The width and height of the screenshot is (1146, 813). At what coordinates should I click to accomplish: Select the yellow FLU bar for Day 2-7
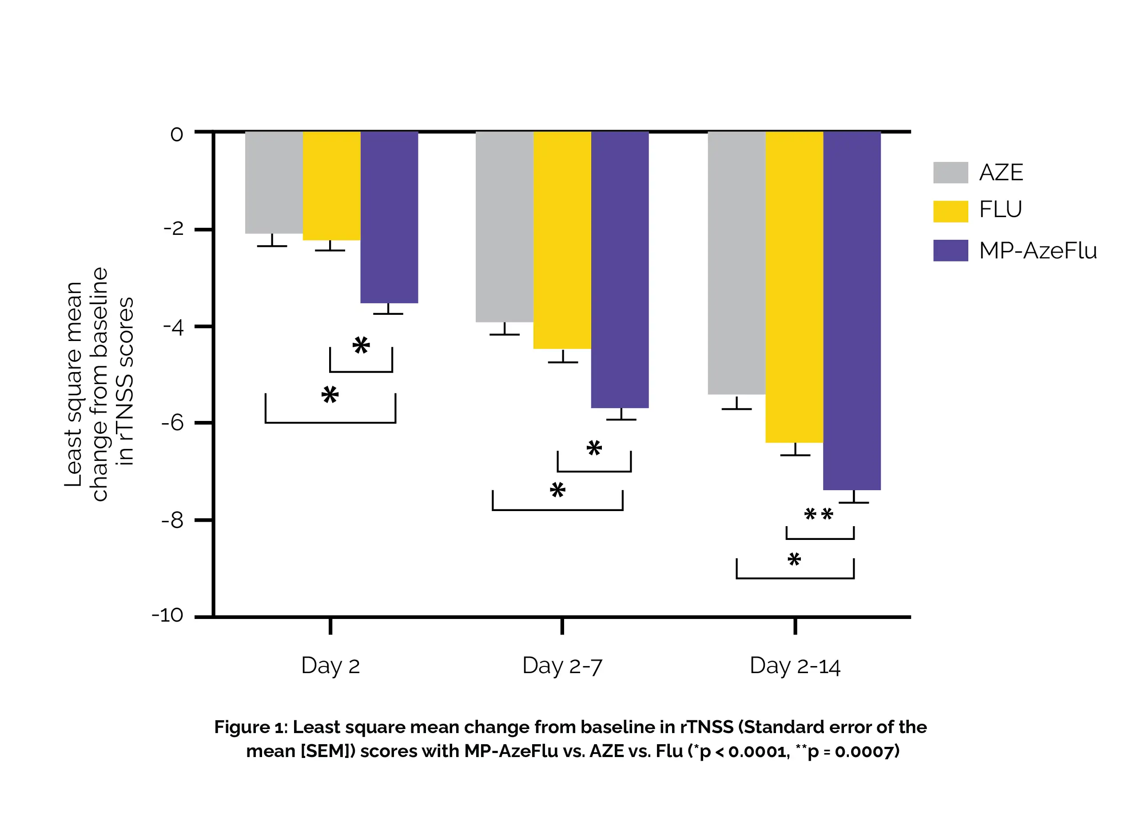pyautogui.click(x=562, y=240)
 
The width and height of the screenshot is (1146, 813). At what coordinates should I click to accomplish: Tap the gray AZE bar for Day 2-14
pyautogui.click(x=736, y=263)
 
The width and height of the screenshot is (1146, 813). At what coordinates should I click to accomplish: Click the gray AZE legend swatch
pyautogui.click(x=950, y=173)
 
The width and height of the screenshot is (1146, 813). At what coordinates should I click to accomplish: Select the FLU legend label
pyautogui.click(x=1000, y=209)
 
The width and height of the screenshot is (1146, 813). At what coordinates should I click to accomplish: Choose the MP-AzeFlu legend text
pyautogui.click(x=1037, y=250)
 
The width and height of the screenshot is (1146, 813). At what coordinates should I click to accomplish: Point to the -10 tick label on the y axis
pyautogui.click(x=168, y=615)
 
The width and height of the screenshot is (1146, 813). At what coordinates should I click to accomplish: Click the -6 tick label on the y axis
pyautogui.click(x=173, y=424)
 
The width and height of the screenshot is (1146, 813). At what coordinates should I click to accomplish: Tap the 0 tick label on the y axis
pyautogui.click(x=177, y=134)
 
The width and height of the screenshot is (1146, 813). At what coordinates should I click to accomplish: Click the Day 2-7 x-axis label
pyautogui.click(x=562, y=666)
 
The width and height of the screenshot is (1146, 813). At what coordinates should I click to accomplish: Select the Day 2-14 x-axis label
pyautogui.click(x=795, y=666)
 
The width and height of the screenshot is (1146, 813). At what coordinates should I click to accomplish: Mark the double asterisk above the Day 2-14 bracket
pyautogui.click(x=819, y=514)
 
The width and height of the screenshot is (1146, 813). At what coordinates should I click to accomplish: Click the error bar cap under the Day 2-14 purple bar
pyautogui.click(x=854, y=502)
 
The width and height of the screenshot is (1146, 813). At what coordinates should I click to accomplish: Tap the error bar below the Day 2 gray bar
pyautogui.click(x=272, y=241)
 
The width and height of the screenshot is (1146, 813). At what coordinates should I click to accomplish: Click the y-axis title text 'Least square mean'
pyautogui.click(x=74, y=384)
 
